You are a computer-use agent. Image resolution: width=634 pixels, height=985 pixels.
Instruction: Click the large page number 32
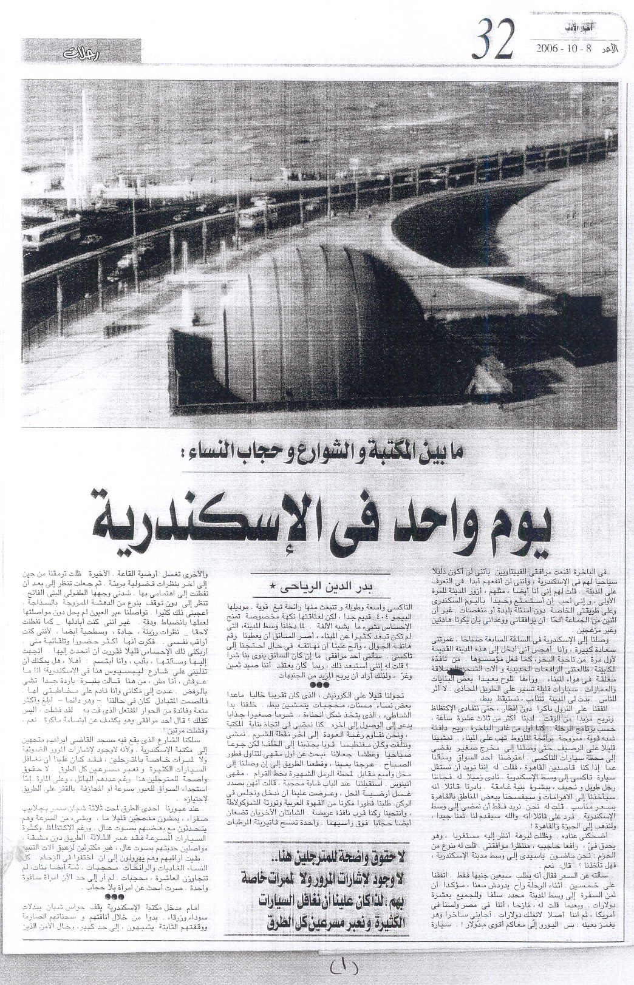[495, 41]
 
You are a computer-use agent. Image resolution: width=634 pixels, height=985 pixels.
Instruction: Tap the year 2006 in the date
[549, 49]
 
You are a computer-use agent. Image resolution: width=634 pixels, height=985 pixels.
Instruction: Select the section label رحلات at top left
[81, 53]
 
